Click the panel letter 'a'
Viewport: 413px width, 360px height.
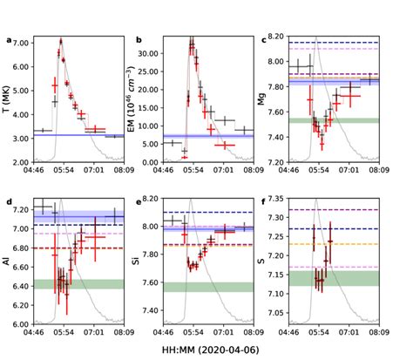point(9,39)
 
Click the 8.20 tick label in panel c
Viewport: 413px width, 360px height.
point(300,36)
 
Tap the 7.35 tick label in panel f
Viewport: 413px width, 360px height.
point(300,198)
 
